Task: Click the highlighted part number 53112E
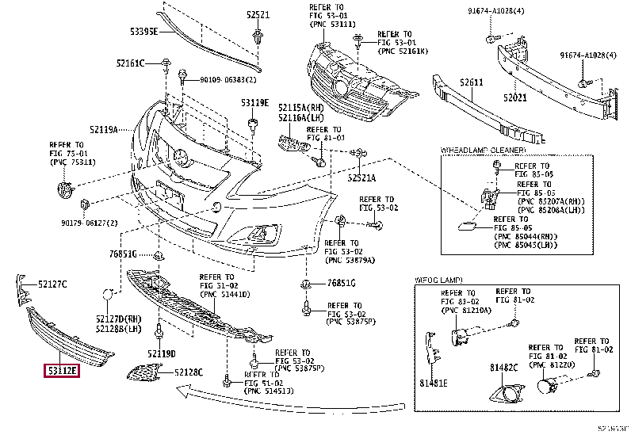[62, 370]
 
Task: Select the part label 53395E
[144, 32]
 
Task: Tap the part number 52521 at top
[258, 15]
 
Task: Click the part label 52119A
[103, 129]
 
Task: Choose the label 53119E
[255, 103]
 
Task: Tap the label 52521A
[361, 177]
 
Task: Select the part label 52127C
[54, 284]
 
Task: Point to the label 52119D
[161, 353]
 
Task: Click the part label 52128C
[189, 372]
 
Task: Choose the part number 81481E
[434, 383]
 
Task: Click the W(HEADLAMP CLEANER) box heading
[483, 150]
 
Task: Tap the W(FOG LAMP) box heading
[438, 280]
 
